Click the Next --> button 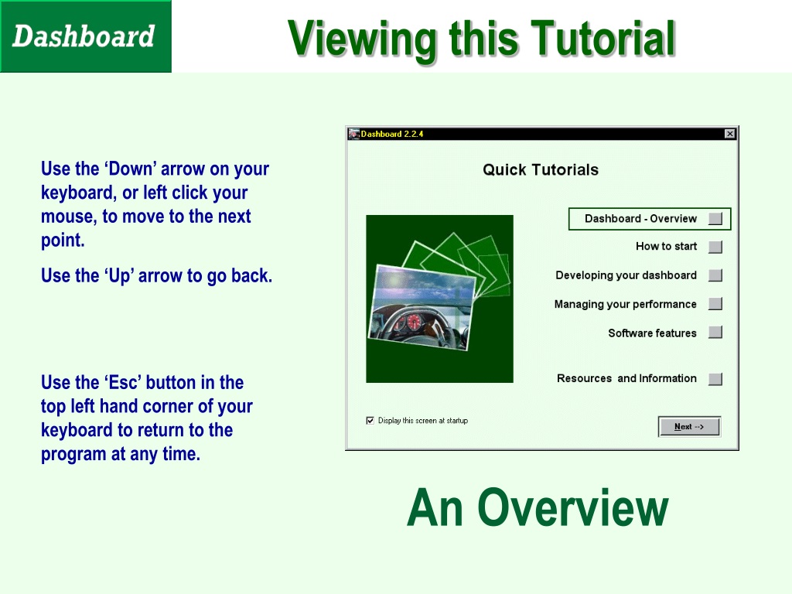[689, 426]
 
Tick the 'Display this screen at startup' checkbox [370, 420]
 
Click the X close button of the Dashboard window [729, 134]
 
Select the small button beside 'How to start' [715, 247]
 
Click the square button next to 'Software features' [715, 333]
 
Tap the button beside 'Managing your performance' [715, 303]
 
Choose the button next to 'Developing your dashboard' [715, 275]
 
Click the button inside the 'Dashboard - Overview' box [715, 219]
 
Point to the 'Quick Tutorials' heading [541, 169]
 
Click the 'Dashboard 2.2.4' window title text [392, 134]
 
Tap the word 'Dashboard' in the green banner [84, 36]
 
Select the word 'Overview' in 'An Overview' [573, 507]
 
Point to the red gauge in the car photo [414, 322]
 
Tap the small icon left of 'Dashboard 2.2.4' [353, 134]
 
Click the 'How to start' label [666, 247]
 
